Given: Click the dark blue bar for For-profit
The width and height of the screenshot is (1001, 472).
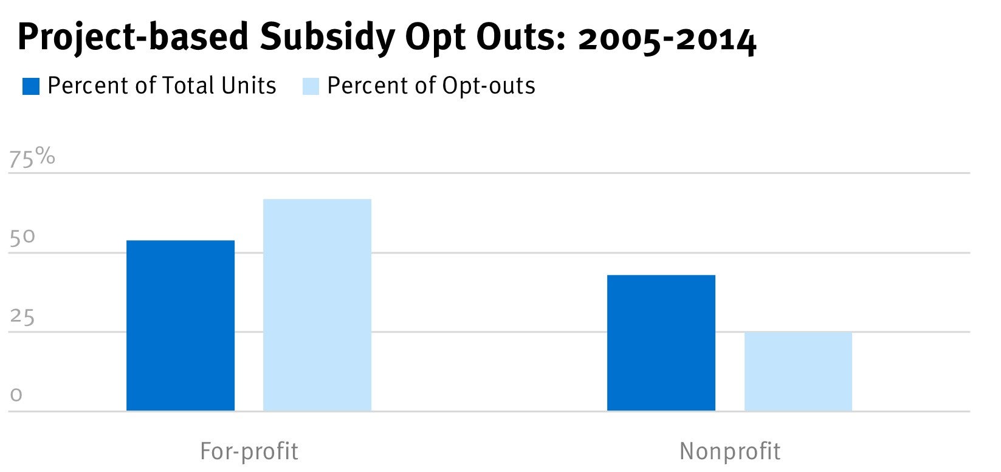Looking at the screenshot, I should [181, 325].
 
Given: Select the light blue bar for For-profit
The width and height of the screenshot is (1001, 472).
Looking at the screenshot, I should [317, 305].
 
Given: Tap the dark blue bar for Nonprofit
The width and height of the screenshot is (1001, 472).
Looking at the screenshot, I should [661, 343].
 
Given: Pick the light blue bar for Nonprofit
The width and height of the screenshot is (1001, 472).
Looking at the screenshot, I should [798, 372].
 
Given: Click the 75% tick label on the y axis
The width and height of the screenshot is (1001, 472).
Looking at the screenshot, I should [32, 158].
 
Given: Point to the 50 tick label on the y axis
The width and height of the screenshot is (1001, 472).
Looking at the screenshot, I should [22, 238].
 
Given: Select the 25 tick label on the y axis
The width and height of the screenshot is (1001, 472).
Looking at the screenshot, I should [22, 318].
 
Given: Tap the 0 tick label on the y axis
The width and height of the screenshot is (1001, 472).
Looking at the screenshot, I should [16, 395].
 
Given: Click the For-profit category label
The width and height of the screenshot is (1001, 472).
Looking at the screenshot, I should [249, 451].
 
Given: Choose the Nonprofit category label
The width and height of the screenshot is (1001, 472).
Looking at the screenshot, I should [729, 451].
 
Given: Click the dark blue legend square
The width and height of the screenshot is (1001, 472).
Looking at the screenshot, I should [31, 86].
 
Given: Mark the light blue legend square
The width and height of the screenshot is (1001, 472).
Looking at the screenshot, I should [311, 86].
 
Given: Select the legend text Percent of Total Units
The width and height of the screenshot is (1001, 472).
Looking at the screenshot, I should [162, 86].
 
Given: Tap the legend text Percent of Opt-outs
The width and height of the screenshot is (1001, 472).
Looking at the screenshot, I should [431, 86].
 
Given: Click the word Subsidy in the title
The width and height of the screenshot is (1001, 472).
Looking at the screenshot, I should [327, 38].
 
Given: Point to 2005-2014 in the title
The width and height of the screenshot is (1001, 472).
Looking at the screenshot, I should [667, 39].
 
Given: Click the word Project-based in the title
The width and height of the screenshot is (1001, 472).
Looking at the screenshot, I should [133, 38].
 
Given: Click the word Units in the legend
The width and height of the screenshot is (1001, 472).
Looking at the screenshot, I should [249, 86].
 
